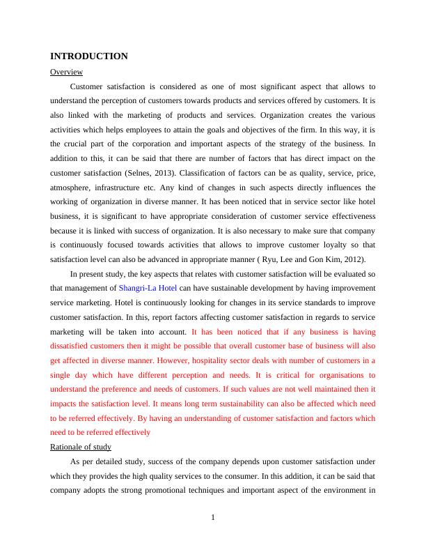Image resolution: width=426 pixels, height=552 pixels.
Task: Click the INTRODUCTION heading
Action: [x=89, y=56]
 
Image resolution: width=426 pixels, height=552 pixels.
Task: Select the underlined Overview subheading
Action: [x=67, y=72]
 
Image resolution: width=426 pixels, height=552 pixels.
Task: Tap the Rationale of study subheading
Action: [x=81, y=447]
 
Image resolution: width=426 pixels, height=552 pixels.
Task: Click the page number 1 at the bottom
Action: [x=213, y=516]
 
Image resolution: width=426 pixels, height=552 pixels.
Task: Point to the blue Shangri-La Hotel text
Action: [x=148, y=287]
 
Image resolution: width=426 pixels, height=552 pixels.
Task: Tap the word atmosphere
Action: [x=74, y=187]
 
